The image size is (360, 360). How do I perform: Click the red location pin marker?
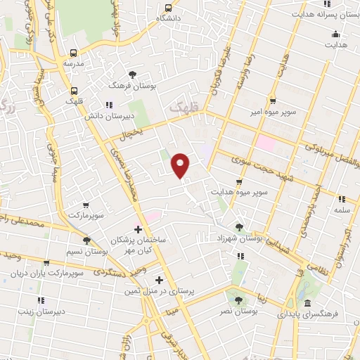tap(181, 165)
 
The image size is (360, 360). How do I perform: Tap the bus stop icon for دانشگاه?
tap(167, 8)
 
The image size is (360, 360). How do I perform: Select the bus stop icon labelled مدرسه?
tap(74, 52)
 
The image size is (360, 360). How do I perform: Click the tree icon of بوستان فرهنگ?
tap(132, 74)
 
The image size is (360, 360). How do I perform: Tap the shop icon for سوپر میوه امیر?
tap(272, 100)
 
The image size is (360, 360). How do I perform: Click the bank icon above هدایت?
tap(335, 34)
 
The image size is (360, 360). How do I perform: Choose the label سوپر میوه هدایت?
tap(236, 191)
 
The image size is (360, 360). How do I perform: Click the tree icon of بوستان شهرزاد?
tap(240, 226)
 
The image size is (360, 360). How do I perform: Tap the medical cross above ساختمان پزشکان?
tap(138, 229)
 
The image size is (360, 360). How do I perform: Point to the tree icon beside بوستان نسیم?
tap(86, 241)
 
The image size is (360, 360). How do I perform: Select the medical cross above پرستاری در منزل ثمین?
tap(160, 280)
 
